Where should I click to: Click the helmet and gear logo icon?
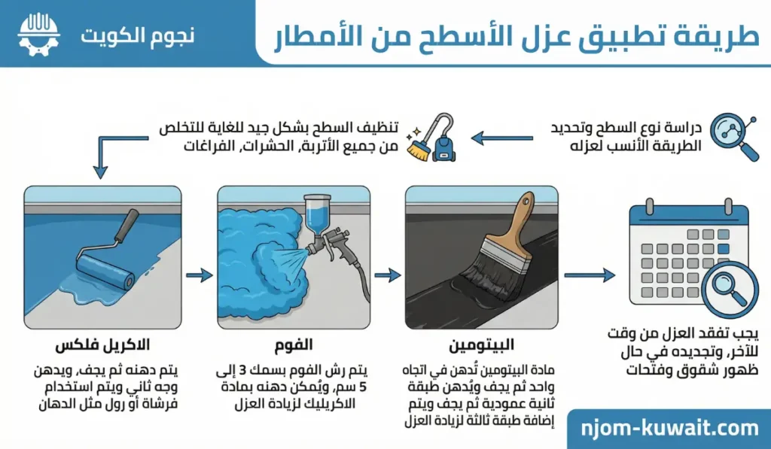pos(38,35)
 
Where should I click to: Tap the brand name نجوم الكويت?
pos(137,36)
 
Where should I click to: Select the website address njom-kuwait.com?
pos(669,429)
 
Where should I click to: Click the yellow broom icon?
pos(417,147)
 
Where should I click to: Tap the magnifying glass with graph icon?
pos(734,136)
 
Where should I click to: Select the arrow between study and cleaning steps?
pos(501,138)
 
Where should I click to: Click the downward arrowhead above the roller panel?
pos(100,172)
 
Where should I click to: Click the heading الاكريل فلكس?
pos(102,345)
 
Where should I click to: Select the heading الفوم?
pos(294,345)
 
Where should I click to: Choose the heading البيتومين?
pos(481,345)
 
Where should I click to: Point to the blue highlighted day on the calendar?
pos(723,249)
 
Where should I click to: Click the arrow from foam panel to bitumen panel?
pos(388,275)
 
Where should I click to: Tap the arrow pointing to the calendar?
pos(590,275)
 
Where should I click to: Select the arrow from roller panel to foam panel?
pos(199,275)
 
